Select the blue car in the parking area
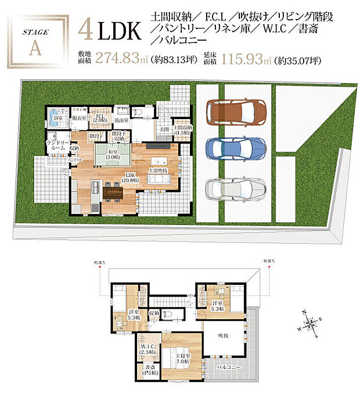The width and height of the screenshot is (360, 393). (236, 149)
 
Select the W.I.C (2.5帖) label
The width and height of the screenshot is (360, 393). (146, 349)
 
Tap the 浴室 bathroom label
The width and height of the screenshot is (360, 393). (57, 117)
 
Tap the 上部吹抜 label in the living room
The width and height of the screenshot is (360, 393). (159, 170)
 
